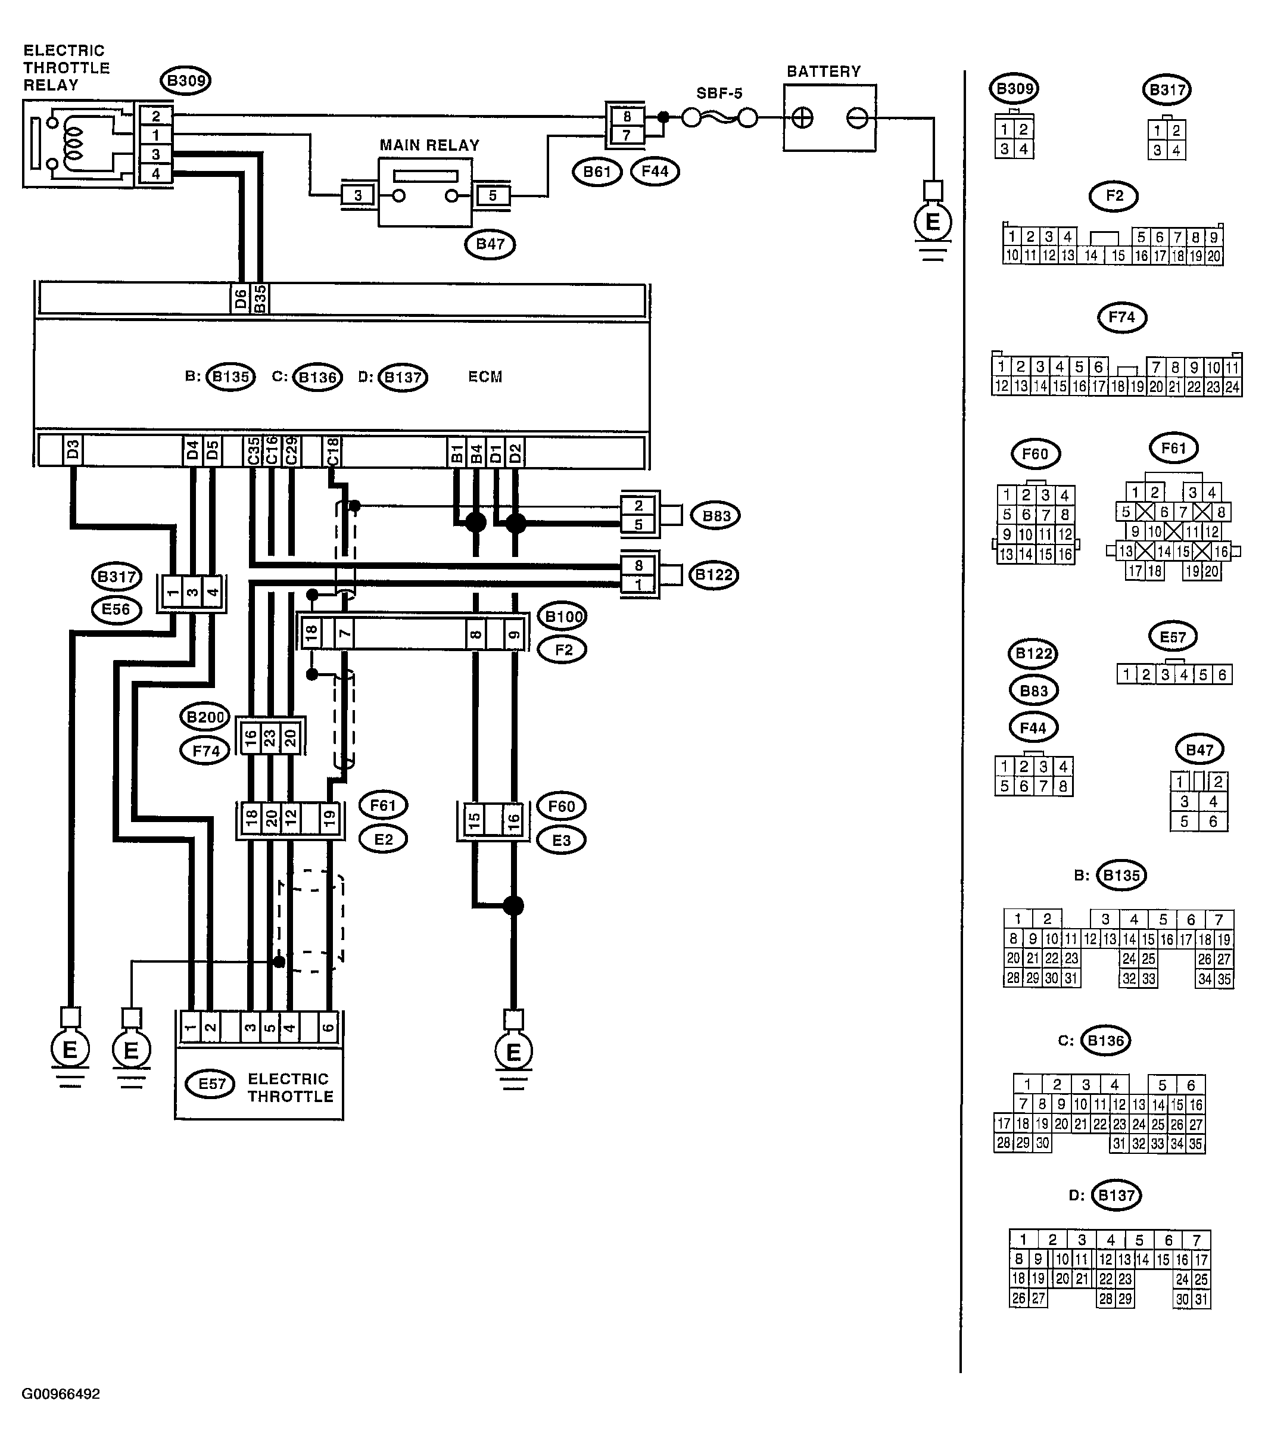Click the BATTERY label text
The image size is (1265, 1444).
click(x=824, y=71)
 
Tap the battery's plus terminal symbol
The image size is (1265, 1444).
click(x=803, y=118)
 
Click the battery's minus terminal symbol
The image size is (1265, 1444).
click(x=857, y=118)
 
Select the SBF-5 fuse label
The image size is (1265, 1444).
click(x=719, y=93)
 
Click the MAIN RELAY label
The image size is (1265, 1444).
click(x=429, y=145)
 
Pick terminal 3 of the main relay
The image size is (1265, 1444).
click(x=358, y=195)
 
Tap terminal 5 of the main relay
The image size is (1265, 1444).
click(x=493, y=195)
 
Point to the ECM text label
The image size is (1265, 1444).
click(x=485, y=377)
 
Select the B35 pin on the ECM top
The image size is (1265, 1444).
click(x=260, y=298)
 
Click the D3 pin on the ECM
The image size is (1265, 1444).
click(x=72, y=450)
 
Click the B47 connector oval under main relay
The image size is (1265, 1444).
click(x=490, y=244)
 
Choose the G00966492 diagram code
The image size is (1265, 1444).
click(x=61, y=1394)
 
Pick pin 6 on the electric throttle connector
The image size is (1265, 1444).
click(x=328, y=1028)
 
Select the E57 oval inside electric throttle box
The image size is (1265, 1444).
click(x=212, y=1083)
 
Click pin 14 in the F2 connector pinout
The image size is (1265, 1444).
click(x=1091, y=256)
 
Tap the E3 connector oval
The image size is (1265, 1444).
click(x=561, y=841)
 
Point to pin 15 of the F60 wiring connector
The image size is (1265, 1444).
click(x=474, y=820)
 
